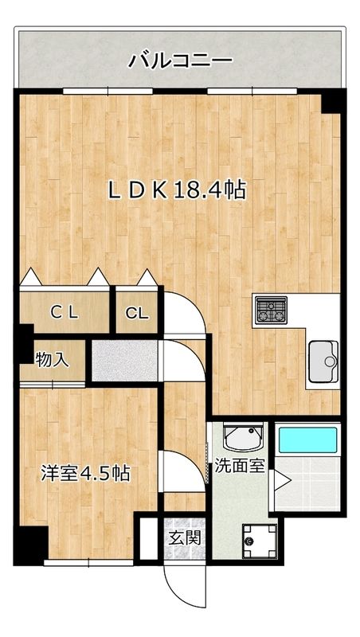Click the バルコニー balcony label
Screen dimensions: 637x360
click(180, 59)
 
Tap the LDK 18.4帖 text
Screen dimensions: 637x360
click(177, 190)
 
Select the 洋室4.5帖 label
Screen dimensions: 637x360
click(85, 473)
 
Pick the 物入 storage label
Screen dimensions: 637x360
click(53, 359)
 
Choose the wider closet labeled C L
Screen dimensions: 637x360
click(65, 313)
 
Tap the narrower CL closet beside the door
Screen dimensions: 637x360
click(137, 313)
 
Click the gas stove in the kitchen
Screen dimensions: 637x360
click(271, 311)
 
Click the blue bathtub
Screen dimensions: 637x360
click(307, 440)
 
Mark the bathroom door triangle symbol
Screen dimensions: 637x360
click(281, 479)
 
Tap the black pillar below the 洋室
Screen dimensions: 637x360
click(32, 545)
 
